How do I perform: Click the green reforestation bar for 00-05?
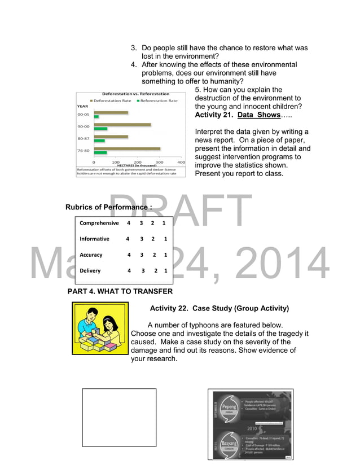[96, 117]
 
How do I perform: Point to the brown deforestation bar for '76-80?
[127, 149]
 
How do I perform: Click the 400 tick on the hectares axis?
[181, 162]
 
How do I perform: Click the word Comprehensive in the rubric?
[99, 223]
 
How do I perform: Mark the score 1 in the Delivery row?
[165, 271]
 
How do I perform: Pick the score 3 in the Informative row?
[142, 239]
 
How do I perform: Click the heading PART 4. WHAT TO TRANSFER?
[120, 292]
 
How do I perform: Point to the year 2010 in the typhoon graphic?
[252, 428]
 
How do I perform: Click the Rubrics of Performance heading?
[108, 207]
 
